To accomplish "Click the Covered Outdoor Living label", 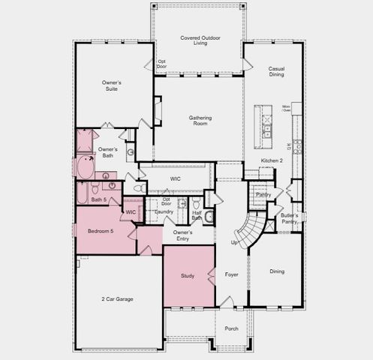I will coord(199,41).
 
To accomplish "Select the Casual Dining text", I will coord(276,72).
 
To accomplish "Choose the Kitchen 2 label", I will coord(272,160).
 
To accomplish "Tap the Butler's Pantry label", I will coord(289,219).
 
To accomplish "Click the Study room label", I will coord(188,276).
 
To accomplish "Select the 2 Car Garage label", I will coord(118,299).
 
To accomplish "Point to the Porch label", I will coord(231,328).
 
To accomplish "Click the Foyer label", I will coord(231,274).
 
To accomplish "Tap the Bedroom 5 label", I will coord(100,231).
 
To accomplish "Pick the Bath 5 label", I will coord(98,199).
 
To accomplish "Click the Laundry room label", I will coord(164,211).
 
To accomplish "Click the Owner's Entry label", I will coord(183,235).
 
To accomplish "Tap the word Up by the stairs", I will coord(233,242).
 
